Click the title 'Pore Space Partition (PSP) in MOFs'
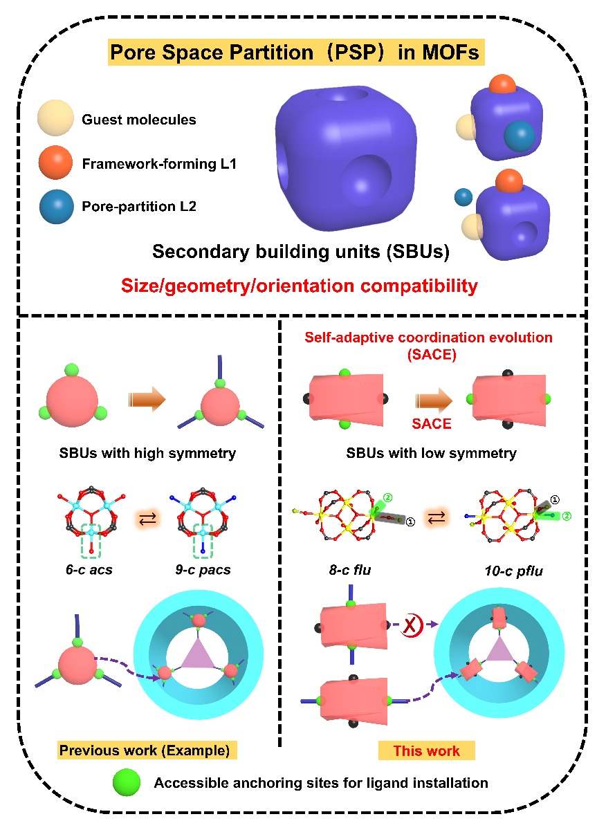click(295, 53)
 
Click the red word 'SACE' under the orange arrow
click(432, 423)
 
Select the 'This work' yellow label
click(427, 750)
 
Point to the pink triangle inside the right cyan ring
click(496, 653)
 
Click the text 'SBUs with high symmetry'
click(147, 454)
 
